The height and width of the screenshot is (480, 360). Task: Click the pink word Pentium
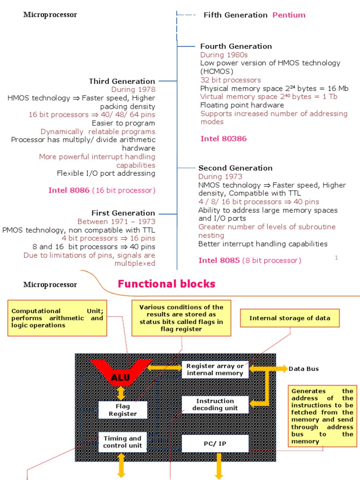(x=289, y=15)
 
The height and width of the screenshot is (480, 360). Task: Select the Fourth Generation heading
(x=236, y=46)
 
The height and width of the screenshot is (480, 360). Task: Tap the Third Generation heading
(x=122, y=81)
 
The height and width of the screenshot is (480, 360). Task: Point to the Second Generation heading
(x=235, y=168)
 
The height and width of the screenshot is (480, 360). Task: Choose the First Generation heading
(x=123, y=213)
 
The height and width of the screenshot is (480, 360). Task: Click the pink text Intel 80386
(x=223, y=138)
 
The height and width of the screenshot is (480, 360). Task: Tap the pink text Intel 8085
(x=219, y=260)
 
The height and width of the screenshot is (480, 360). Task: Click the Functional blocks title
(x=166, y=284)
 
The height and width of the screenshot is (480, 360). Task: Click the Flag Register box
(x=123, y=410)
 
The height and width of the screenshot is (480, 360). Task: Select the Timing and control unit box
(x=123, y=442)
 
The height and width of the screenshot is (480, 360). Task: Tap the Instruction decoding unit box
(x=215, y=405)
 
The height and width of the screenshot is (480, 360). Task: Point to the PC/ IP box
(x=215, y=443)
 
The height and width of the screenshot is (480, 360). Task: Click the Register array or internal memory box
(x=215, y=369)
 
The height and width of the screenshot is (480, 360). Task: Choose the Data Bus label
(x=303, y=369)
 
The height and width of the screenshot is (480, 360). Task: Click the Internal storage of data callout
(x=290, y=318)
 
